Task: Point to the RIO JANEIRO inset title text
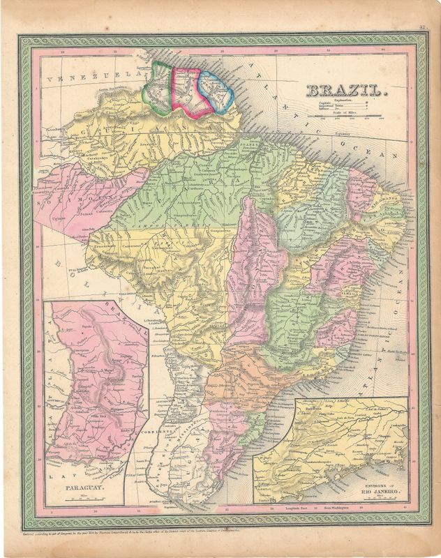[380, 493]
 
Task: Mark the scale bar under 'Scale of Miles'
[349, 116]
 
